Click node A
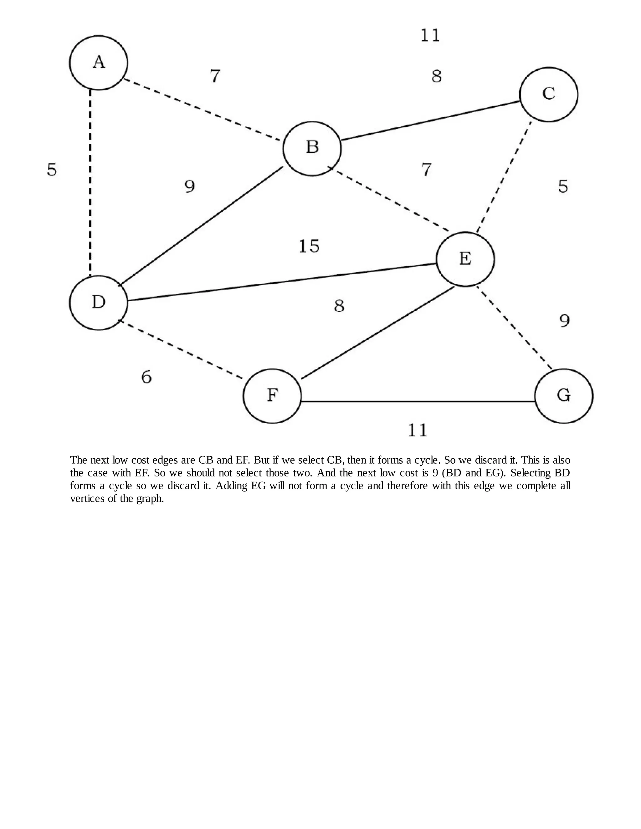click(x=99, y=63)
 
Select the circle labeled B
click(x=312, y=148)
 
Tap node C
click(x=549, y=94)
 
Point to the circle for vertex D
click(x=99, y=303)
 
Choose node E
click(x=465, y=259)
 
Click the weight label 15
click(x=309, y=246)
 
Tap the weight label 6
click(x=146, y=377)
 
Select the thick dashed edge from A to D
click(x=90, y=182)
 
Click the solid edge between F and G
click(x=418, y=401)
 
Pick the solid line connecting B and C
click(x=430, y=121)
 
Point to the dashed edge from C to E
click(x=504, y=176)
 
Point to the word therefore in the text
click(x=395, y=486)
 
